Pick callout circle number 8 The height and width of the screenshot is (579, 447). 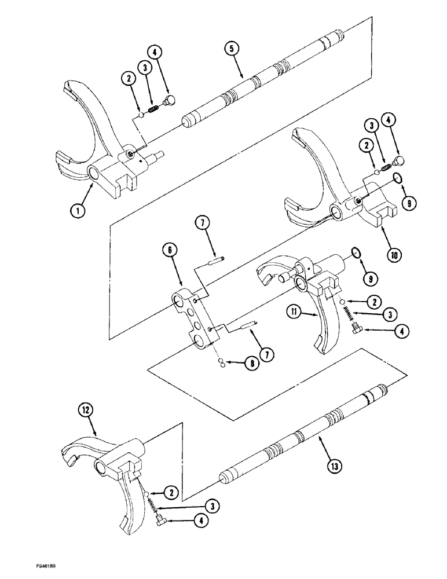click(251, 364)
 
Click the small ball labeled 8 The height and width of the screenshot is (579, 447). click(221, 362)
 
